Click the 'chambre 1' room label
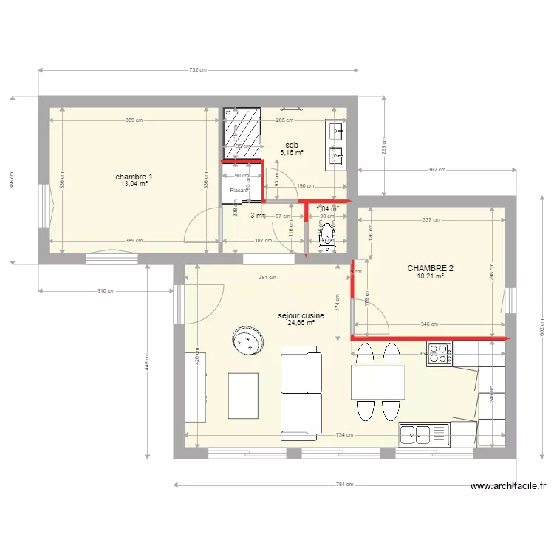click(x=134, y=177)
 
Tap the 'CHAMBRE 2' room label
click(x=430, y=268)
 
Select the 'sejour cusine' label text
click(x=301, y=315)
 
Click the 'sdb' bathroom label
click(x=292, y=145)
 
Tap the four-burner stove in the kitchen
click(x=439, y=353)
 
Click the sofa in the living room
click(x=301, y=393)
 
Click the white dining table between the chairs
click(x=377, y=382)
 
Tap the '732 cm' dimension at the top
click(x=197, y=70)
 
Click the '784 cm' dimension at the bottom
click(x=345, y=485)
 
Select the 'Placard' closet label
click(x=239, y=190)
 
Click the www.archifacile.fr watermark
click(x=508, y=486)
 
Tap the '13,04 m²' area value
click(x=134, y=184)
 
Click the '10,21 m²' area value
click(x=430, y=276)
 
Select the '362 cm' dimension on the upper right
click(x=437, y=169)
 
